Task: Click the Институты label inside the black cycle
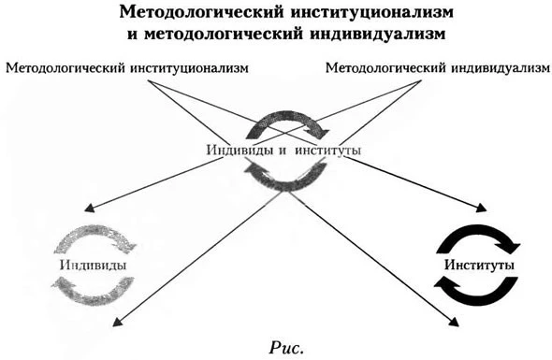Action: (474, 265)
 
